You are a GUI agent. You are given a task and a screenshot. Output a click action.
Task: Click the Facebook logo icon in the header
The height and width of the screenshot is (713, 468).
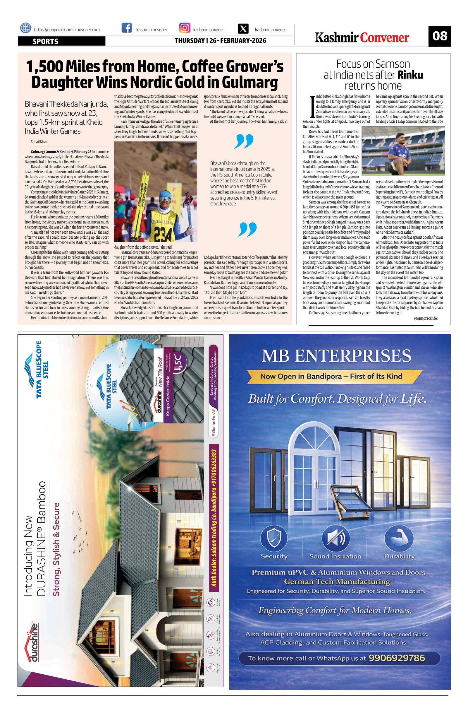pyautogui.click(x=127, y=28)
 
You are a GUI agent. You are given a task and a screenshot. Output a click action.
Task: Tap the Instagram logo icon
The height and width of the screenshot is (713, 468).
pyautogui.click(x=185, y=28)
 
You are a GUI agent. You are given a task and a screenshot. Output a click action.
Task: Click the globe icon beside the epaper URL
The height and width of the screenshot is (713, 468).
pyautogui.click(x=25, y=28)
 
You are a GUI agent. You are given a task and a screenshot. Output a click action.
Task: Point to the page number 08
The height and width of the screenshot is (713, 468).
pyautogui.click(x=439, y=36)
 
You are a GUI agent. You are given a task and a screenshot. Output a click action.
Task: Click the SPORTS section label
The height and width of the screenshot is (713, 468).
pyautogui.click(x=45, y=41)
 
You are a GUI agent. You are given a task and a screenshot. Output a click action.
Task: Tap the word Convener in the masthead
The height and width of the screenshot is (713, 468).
pyautogui.click(x=384, y=38)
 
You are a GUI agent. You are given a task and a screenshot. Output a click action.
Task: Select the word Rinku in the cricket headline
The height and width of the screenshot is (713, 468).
pyautogui.click(x=410, y=75)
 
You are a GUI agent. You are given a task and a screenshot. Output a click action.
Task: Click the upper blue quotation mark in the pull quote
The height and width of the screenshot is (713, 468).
pyautogui.click(x=244, y=141)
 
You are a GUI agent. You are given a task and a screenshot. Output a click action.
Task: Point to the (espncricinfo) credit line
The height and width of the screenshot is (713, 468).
pyautogui.click(x=426, y=319)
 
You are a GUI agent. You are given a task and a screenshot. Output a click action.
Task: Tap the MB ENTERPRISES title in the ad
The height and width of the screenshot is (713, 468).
pyautogui.click(x=336, y=356)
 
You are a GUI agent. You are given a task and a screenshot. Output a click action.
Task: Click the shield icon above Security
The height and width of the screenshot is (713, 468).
pyautogui.click(x=274, y=538)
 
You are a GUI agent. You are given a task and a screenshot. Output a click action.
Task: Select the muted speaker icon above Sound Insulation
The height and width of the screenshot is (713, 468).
pyautogui.click(x=335, y=538)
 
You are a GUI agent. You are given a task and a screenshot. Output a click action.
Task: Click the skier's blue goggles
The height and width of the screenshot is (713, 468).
pyautogui.click(x=164, y=199)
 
